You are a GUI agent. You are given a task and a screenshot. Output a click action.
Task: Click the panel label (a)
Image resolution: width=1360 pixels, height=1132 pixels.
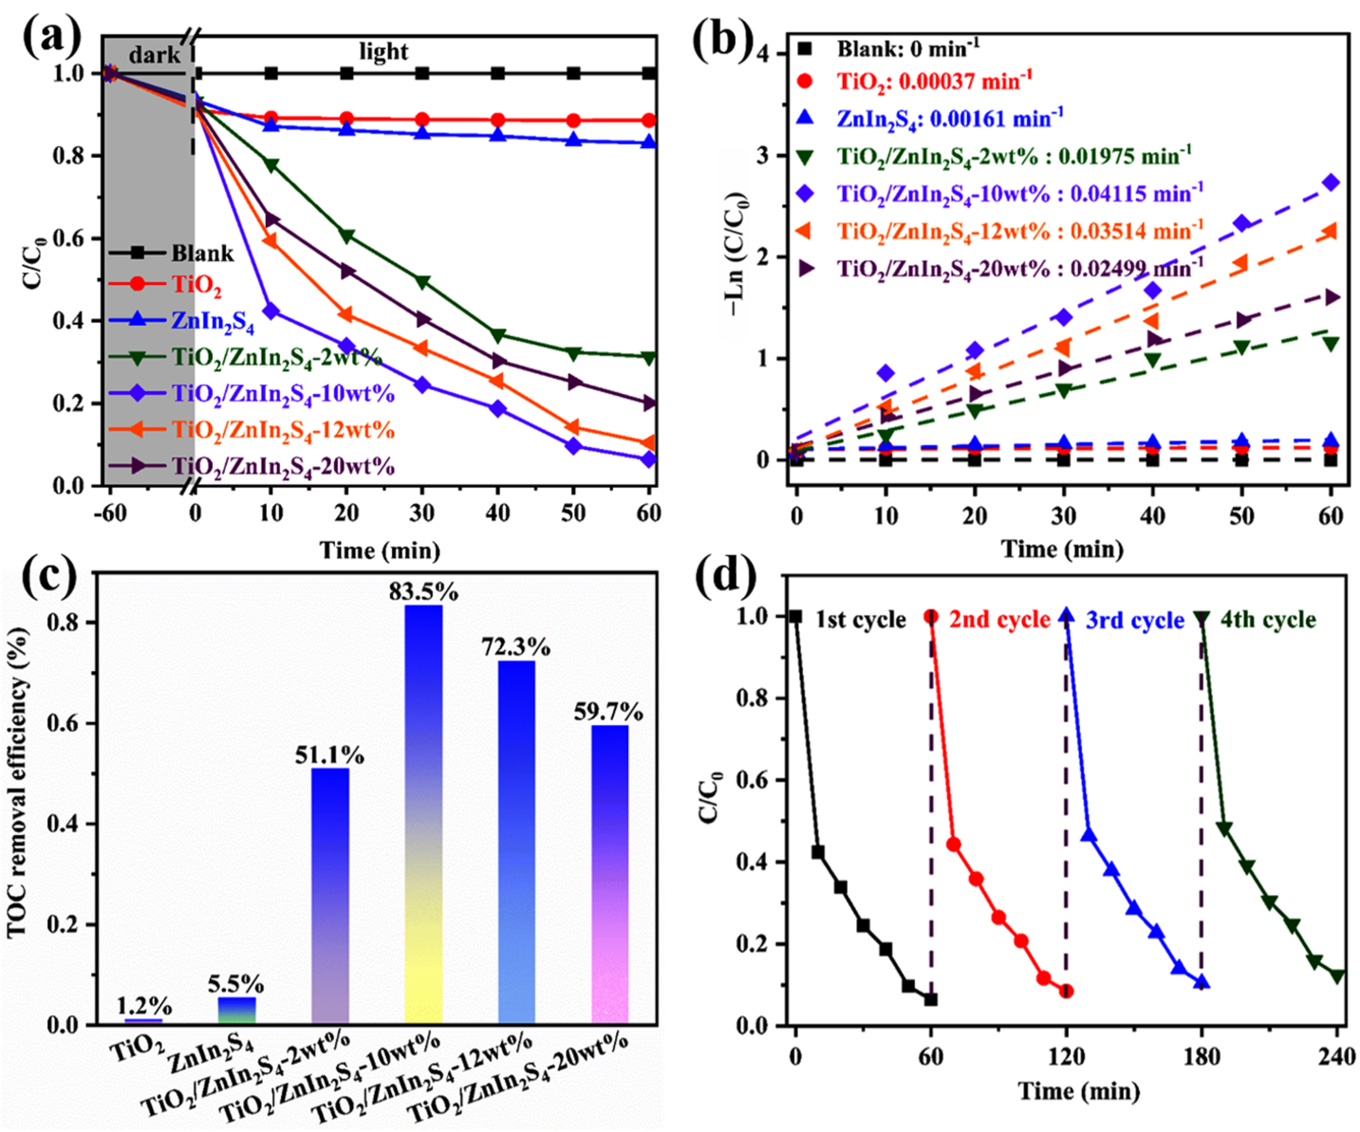[x=52, y=37]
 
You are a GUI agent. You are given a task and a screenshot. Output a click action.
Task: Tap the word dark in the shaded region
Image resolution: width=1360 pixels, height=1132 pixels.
[x=154, y=55]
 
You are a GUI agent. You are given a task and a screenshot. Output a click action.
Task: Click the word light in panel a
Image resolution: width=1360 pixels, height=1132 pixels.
[x=383, y=52]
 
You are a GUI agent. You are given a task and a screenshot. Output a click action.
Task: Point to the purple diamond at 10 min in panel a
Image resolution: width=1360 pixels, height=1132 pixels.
[x=270, y=311]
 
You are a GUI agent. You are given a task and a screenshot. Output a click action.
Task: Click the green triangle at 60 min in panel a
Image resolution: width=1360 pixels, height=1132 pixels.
[x=648, y=357]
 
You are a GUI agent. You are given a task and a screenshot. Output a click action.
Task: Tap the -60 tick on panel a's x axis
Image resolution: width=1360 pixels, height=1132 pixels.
[x=110, y=513]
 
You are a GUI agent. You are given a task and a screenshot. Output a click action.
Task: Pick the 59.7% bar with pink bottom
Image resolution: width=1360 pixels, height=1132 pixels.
[x=609, y=874]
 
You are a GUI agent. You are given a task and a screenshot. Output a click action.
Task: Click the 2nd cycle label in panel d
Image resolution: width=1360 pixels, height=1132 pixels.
[x=998, y=620]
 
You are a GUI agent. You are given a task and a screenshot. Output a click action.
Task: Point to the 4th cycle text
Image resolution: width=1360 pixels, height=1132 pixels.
[x=1267, y=620]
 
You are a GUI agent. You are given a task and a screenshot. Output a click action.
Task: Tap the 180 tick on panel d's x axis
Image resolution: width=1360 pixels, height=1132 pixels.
[x=1202, y=1057]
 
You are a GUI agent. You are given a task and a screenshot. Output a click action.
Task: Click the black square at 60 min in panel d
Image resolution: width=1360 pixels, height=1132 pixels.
[x=931, y=999]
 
